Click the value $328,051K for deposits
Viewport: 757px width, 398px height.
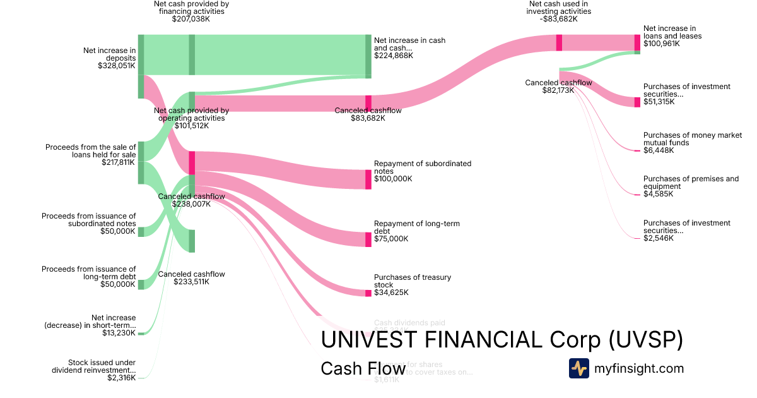point(117,65)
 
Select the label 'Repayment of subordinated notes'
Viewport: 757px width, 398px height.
point(422,167)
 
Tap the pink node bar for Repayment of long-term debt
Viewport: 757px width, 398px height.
point(368,239)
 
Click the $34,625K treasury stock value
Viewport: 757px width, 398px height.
point(391,292)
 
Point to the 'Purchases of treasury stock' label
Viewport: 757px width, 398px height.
point(412,281)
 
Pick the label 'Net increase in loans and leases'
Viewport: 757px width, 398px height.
point(672,32)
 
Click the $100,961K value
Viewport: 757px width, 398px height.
point(662,44)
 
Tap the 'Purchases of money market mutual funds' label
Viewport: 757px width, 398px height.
point(692,139)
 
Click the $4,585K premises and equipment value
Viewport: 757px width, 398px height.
point(658,194)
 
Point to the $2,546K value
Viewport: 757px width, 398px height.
point(658,238)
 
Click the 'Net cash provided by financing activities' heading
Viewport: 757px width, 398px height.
point(191,8)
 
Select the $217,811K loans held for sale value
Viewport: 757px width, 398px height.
point(118,162)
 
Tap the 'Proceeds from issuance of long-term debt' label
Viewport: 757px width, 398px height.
point(89,273)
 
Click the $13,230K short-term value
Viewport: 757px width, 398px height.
point(119,333)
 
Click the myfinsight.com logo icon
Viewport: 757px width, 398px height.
point(578,368)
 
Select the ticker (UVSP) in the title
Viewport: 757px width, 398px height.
point(646,340)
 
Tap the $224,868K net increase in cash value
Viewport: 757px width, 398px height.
point(394,56)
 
